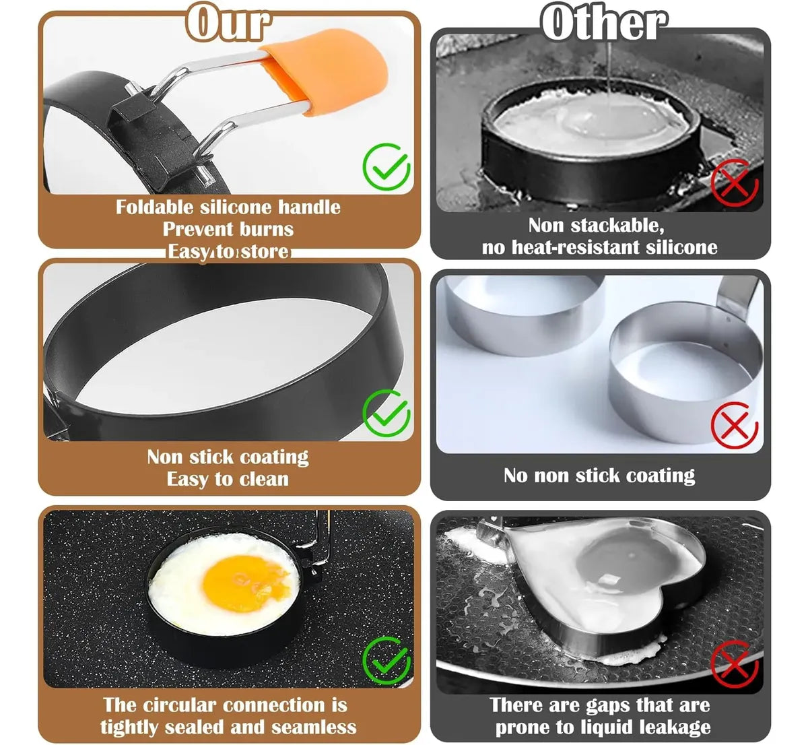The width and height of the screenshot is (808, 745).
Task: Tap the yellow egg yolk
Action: (246, 583)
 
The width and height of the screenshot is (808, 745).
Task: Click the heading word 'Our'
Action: (228, 23)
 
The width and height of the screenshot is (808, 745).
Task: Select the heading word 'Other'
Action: (603, 23)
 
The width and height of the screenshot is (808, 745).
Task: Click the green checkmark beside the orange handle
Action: (386, 166)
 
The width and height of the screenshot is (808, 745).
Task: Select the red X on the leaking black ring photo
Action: (735, 183)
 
